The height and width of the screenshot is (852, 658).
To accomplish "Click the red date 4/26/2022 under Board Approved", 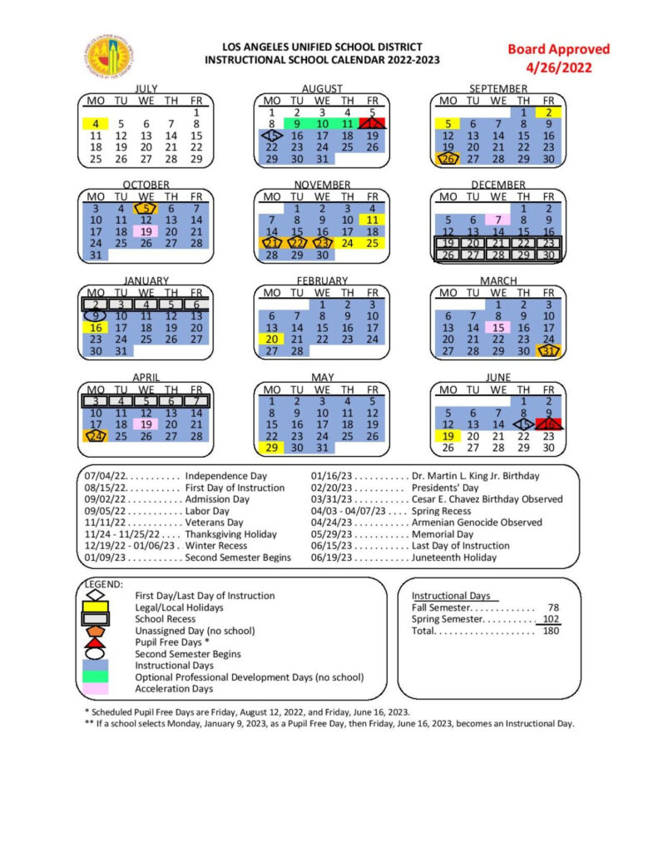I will pos(558,67).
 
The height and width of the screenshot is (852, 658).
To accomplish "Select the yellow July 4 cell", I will pos(95,124).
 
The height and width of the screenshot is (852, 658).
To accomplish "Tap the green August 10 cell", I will pos(322,123).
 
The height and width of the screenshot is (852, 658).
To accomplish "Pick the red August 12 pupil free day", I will pos(374,123).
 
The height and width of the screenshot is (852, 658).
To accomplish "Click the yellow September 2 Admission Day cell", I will pos(548,111).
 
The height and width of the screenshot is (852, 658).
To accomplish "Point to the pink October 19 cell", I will pos(146,231).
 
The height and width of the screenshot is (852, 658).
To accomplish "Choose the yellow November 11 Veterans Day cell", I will pos(373,220).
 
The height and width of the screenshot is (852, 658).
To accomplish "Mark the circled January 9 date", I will pos(95,315).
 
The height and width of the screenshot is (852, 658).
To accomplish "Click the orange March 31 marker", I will pos(548,351).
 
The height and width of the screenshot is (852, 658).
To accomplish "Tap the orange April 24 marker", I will pos(95,435).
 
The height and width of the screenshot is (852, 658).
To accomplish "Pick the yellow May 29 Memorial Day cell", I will pos(271,448).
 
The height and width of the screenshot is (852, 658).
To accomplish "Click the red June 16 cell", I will pos(549,424).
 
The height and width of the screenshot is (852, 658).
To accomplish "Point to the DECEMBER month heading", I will pos(497,185).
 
